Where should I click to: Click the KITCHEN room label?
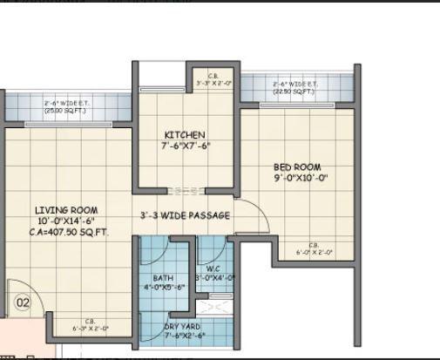click(185, 135)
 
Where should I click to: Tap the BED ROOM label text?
click(297, 167)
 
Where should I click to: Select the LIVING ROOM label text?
click(66, 210)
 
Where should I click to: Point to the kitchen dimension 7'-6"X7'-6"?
click(185, 146)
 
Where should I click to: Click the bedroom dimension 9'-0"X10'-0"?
click(300, 179)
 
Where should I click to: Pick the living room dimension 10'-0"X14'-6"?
click(66, 221)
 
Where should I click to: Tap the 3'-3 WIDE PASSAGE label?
click(186, 215)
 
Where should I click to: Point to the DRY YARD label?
click(184, 327)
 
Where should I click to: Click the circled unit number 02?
click(23, 303)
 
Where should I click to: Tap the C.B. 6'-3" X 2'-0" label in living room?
click(90, 325)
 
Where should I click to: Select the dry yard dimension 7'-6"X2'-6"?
click(184, 336)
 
